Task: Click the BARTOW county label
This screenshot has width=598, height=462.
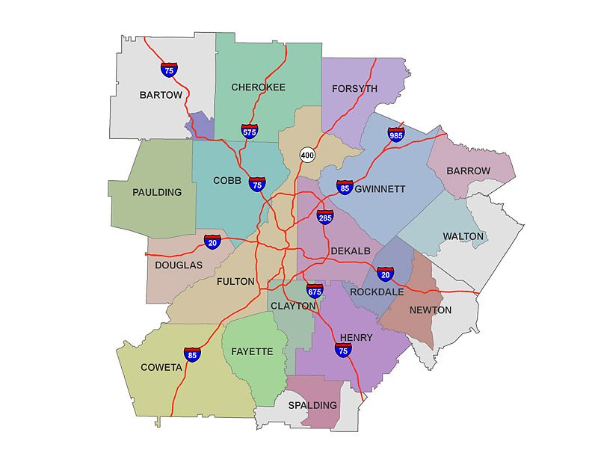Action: coord(161,96)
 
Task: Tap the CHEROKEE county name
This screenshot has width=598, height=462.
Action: coord(258,87)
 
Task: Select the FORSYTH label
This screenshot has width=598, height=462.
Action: coord(354,89)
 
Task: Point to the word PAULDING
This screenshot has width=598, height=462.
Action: coord(157,192)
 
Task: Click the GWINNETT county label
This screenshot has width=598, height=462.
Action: coord(380,189)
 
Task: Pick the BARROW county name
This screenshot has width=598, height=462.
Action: coord(468,171)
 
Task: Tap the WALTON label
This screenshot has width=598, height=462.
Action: coord(463,236)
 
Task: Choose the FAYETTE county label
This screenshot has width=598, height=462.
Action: coord(252,351)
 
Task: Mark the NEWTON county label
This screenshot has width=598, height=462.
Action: coord(431,309)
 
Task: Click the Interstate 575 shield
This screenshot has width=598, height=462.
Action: coord(250,131)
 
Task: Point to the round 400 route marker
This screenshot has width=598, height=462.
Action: coord(307,155)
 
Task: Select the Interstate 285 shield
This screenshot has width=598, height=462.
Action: coord(324,218)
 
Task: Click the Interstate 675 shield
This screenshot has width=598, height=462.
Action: coord(315,291)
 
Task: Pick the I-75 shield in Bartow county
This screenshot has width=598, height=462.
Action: coord(170,70)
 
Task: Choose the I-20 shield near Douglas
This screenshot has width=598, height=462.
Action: coord(212,242)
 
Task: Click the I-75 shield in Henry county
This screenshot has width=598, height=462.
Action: coord(344,348)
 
